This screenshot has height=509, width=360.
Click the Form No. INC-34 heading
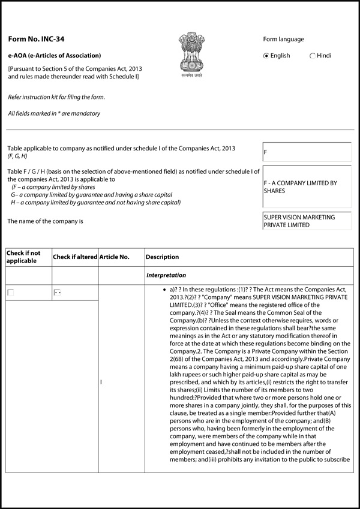pos(36,40)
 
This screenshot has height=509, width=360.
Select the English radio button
pos(267,56)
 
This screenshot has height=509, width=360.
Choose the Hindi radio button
pos(313,56)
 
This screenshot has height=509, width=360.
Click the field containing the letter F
pos(307,152)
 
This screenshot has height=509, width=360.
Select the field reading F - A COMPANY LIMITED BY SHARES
pos(307,186)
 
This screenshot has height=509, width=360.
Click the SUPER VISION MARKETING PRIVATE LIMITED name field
pos(307,221)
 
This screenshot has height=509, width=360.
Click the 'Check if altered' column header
pos(75,257)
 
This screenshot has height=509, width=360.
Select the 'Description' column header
pos(162,257)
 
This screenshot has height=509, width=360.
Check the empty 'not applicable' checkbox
pos(10,293)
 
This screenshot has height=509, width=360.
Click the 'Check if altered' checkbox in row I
pos(58,293)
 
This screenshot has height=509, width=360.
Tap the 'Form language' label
pos(283,40)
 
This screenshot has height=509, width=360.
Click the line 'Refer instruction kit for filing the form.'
pos(56,97)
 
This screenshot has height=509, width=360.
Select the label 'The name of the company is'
pos(45,221)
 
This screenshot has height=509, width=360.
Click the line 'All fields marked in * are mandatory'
pos(54,113)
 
